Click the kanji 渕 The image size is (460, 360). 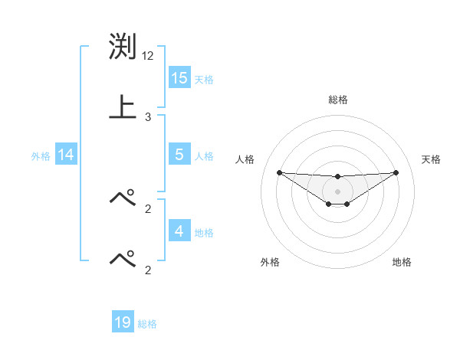tap(123, 48)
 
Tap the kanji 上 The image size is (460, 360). tap(123, 106)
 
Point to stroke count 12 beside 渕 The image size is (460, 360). tap(149, 56)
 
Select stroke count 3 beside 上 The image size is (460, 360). tap(148, 117)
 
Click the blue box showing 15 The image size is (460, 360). tap(179, 77)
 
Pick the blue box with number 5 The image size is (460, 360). tap(179, 154)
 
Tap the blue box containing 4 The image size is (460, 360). tap(179, 231)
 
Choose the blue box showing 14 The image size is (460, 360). tap(66, 155)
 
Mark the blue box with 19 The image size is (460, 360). tap(123, 322)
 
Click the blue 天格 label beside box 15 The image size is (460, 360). tap(204, 80)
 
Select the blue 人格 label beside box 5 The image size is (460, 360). tap(204, 156)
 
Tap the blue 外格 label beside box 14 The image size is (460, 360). tap(41, 156)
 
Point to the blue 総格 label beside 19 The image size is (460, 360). tap(147, 325)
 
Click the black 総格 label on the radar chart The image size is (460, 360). tap(337, 100)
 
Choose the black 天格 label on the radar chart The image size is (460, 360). tap(432, 159)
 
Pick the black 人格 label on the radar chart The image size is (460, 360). tap(245, 159)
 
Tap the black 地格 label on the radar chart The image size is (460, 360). tap(402, 262)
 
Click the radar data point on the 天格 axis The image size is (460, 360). tap(396, 172)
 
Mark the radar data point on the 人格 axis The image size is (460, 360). tap(279, 172)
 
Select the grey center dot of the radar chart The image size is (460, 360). tap(337, 191)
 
